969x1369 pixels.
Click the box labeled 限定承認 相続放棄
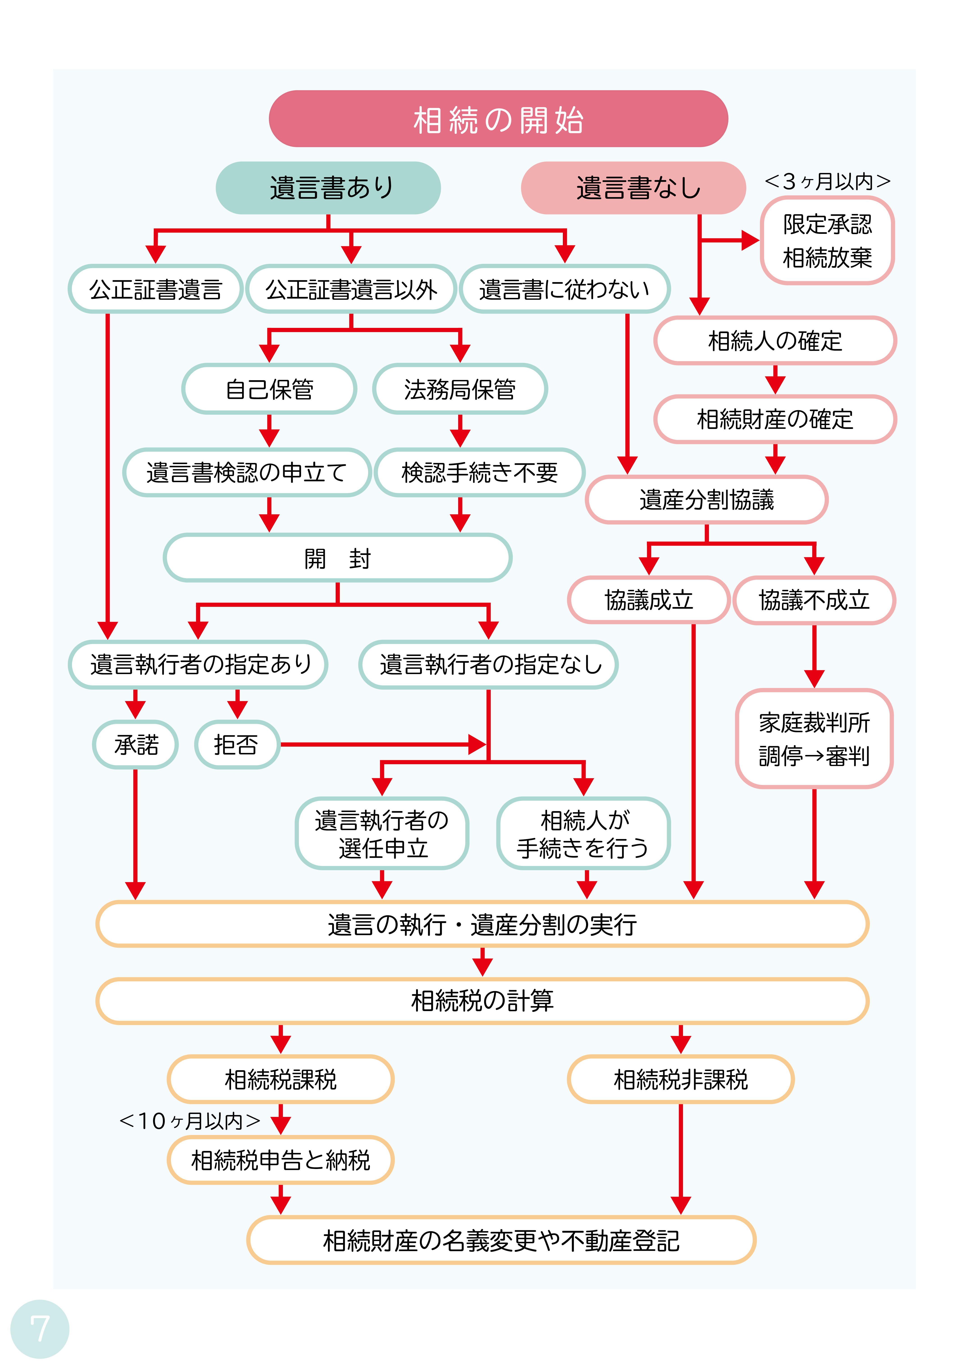coord(827,241)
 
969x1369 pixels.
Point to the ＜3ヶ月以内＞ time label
coord(827,181)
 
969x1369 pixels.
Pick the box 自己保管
coord(269,389)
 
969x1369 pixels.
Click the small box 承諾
coord(135,744)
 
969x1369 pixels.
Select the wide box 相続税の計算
coord(482,1001)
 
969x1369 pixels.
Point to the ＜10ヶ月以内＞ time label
coord(190,1121)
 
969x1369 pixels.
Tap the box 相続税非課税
coord(680,1079)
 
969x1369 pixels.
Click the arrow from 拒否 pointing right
coord(382,744)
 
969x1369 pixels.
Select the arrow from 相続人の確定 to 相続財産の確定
coord(775,380)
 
